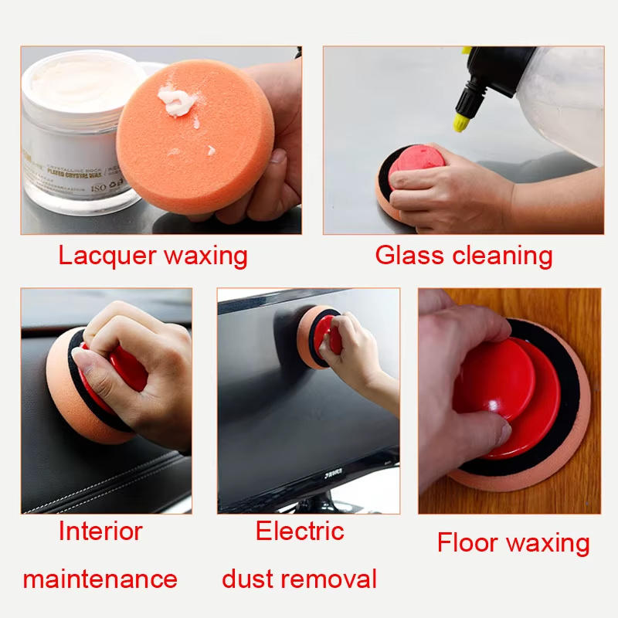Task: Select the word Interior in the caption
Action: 100,531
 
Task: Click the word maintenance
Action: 100,579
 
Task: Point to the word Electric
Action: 300,531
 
